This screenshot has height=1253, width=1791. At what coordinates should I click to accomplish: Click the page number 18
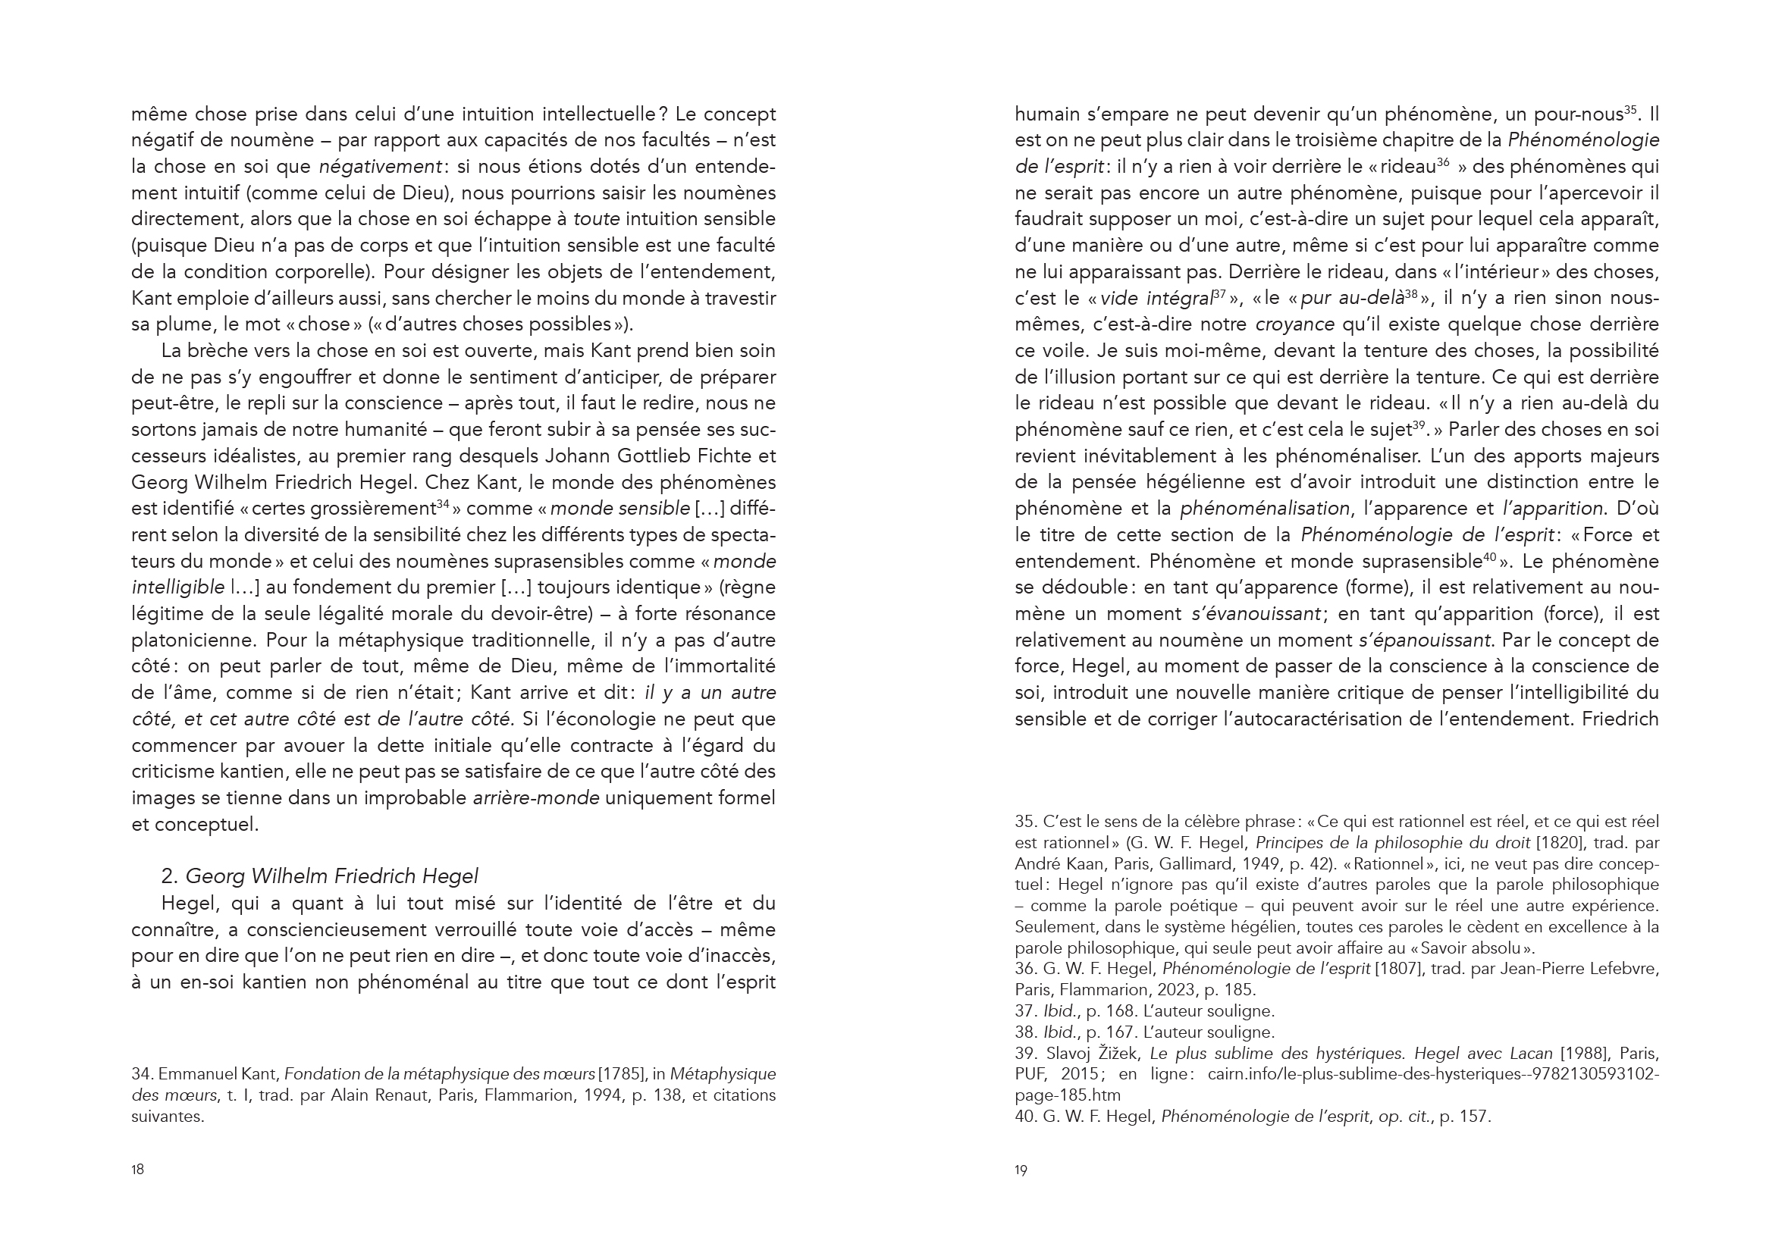[x=137, y=1170]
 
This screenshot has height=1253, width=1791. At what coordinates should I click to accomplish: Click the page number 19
[x=1021, y=1170]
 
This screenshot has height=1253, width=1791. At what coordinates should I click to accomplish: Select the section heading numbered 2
[x=320, y=876]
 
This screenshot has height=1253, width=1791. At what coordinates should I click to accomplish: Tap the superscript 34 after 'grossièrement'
[x=442, y=505]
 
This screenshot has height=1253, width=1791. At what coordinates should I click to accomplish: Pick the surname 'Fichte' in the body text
[x=718, y=456]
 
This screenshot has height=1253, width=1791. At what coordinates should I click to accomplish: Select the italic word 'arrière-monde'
[x=536, y=797]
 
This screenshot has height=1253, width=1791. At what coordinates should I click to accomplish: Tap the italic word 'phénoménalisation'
[x=1265, y=509]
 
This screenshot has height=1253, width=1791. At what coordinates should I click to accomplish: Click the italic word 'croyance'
[x=1296, y=324]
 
